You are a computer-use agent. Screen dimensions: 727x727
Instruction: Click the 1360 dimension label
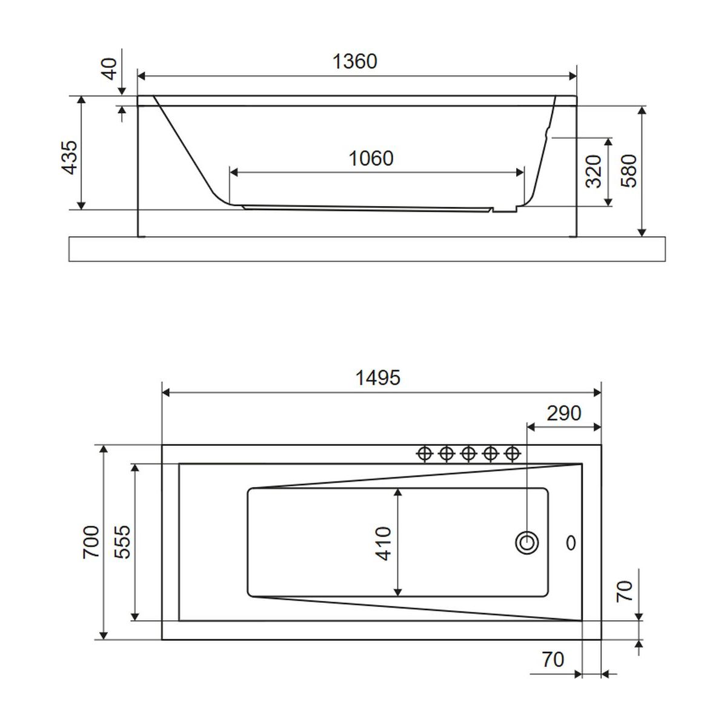point(354,61)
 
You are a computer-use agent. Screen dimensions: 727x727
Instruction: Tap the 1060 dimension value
point(371,158)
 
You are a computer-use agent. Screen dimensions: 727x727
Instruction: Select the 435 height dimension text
point(70,158)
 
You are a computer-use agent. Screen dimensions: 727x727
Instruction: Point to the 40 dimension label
point(110,68)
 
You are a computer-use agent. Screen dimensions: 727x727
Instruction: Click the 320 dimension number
point(594,171)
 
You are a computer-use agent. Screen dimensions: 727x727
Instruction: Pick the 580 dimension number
point(629,171)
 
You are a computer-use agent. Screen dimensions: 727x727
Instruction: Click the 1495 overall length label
point(378,377)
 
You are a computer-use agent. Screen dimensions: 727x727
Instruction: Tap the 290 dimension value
point(564,414)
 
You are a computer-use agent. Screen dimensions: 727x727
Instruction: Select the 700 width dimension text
point(91,542)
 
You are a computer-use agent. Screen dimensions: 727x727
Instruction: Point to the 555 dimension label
point(122,542)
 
